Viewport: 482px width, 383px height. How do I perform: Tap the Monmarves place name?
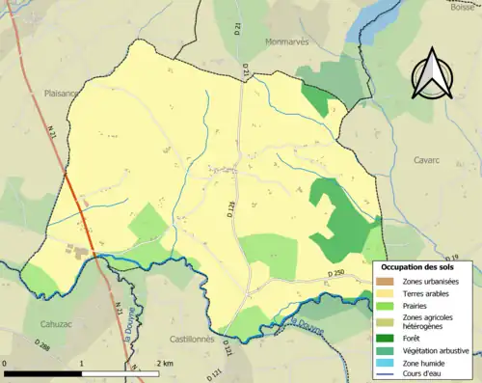coord(287,42)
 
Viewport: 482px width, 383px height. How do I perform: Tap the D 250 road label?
coord(335,274)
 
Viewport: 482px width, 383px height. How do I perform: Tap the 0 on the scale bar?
coord(6,363)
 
